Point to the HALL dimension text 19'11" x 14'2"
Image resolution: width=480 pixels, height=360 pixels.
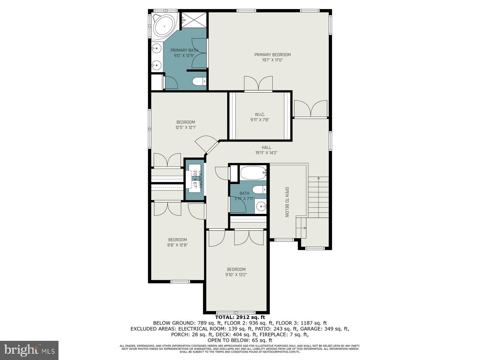pyautogui.click(x=266, y=153)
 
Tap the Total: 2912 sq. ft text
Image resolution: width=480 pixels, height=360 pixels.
pyautogui.click(x=240, y=317)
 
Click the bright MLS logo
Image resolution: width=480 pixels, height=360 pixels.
pyautogui.click(x=29, y=349)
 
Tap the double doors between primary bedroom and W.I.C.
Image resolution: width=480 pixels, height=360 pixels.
pyautogui.click(x=258, y=84)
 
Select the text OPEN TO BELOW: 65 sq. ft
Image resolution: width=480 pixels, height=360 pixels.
pyautogui.click(x=240, y=340)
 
